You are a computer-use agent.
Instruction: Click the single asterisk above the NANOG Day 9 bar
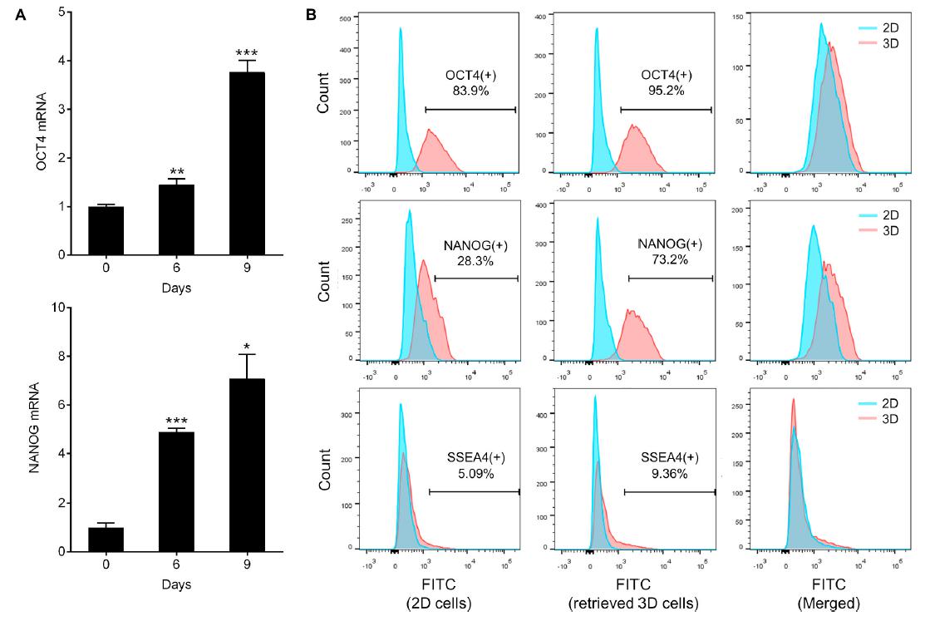(247, 345)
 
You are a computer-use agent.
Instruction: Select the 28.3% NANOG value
(471, 260)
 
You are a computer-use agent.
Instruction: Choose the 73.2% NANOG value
(668, 260)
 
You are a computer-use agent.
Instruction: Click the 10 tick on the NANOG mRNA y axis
(60, 308)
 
